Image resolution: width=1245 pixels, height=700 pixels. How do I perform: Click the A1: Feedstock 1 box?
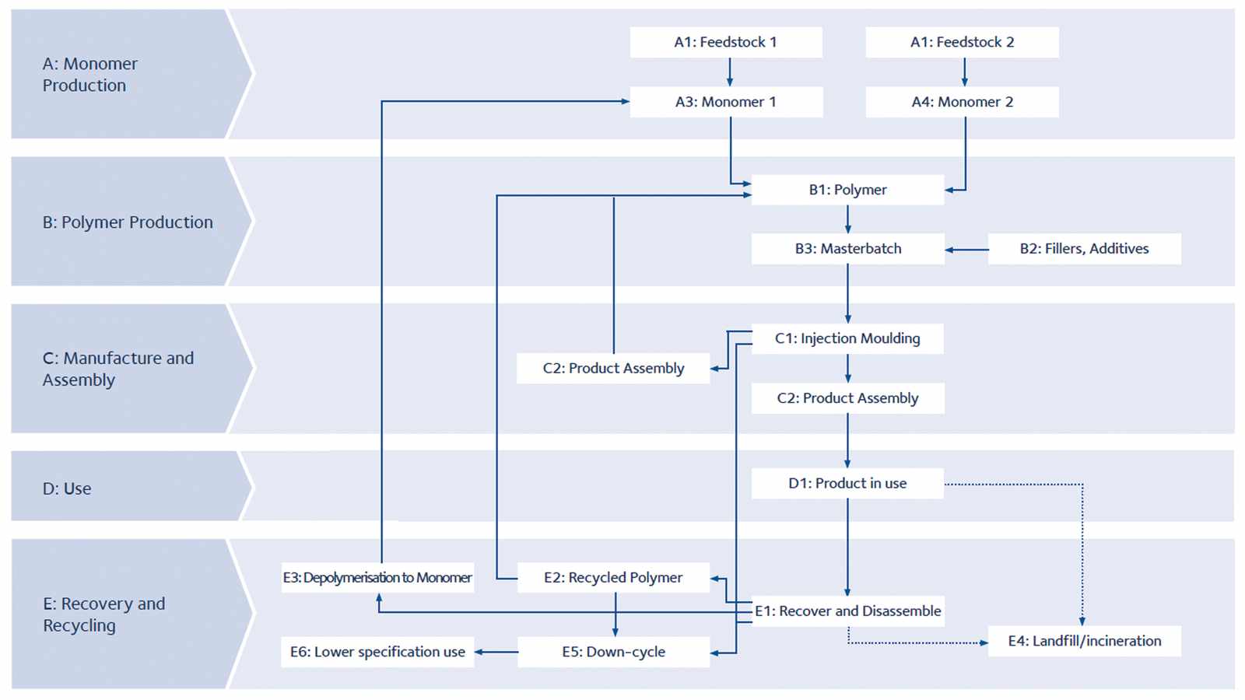726,42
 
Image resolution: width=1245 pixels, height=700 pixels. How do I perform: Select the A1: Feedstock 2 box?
962,42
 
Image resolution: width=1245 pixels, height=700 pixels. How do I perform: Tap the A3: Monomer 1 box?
726,102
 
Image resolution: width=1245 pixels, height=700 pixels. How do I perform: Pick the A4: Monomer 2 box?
962,102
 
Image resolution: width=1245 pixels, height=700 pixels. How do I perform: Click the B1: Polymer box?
847,190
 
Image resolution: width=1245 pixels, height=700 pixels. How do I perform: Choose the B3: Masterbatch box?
847,249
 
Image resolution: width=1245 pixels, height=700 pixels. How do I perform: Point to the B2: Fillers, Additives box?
1085,249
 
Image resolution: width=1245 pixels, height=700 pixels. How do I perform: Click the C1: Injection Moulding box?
847,339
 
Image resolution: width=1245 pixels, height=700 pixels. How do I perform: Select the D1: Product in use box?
847,483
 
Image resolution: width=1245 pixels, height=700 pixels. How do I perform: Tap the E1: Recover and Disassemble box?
847,611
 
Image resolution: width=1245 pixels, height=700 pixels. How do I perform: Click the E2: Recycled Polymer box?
614,578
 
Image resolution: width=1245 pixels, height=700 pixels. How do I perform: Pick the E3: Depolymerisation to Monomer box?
378,578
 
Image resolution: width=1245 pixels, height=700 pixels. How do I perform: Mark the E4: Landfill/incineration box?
1085,641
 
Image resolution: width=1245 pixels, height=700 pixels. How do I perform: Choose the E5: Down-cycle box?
614,653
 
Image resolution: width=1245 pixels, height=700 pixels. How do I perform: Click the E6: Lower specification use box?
378,653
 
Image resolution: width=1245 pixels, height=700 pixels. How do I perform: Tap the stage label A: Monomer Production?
90,75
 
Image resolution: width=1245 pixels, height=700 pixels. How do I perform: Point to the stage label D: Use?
67,488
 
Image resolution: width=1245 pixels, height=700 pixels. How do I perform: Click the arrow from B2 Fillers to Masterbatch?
966,250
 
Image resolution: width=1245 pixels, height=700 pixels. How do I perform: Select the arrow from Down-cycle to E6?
496,653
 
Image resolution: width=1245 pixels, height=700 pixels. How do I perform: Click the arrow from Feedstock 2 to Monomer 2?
964,72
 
